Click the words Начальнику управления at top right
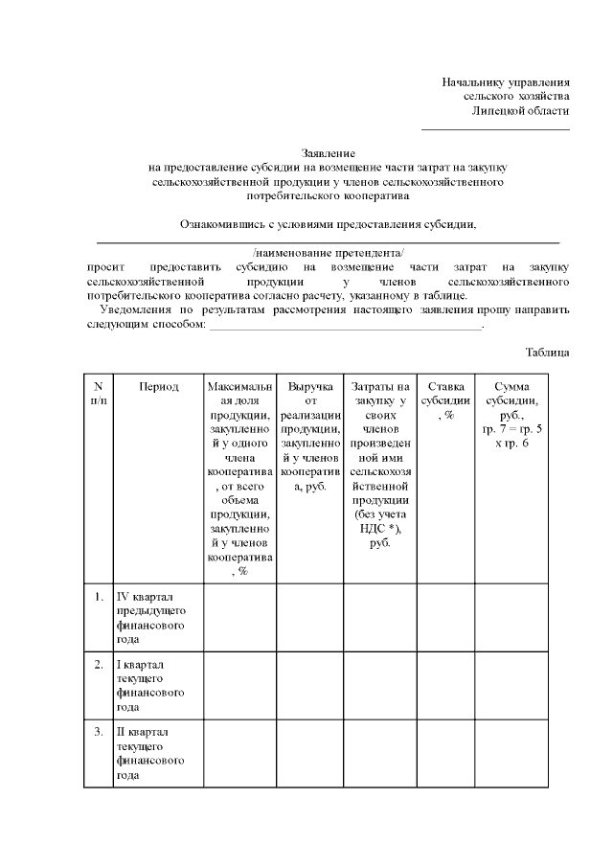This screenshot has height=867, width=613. (506, 82)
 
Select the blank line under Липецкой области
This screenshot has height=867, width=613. (495, 128)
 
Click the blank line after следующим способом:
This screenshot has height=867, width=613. (345, 326)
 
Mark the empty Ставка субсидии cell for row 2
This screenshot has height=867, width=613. (447, 685)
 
